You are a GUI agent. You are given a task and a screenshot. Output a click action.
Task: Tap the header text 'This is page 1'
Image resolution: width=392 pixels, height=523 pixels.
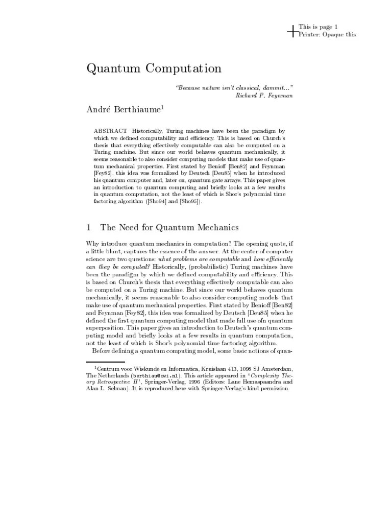click(318, 27)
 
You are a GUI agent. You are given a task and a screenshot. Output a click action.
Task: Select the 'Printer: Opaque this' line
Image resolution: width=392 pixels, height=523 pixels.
click(327, 34)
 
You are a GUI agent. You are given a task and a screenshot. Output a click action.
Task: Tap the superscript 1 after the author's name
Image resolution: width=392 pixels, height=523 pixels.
click(162, 106)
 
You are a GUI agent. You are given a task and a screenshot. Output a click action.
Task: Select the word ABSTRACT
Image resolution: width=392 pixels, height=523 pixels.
click(110, 131)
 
